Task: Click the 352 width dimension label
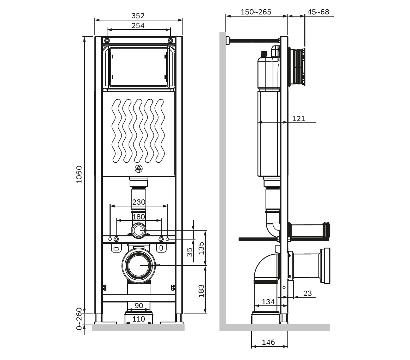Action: pos(138,16)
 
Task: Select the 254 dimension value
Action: pos(138,25)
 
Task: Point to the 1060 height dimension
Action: pos(79,174)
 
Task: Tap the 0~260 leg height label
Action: pos(79,318)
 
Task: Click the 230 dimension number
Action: pos(138,202)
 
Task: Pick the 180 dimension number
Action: pos(138,217)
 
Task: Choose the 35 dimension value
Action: pos(190,252)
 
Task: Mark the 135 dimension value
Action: pos(201,248)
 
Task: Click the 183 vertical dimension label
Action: pos(201,291)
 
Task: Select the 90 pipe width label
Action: pos(139,306)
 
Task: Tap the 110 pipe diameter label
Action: pos(139,319)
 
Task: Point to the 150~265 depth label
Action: pos(256,12)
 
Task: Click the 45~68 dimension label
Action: pos(318,12)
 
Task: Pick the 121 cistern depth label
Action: pos(298,118)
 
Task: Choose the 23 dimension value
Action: pos(307,293)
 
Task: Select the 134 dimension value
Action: pos(268,302)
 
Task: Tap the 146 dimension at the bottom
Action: pos(268,342)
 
